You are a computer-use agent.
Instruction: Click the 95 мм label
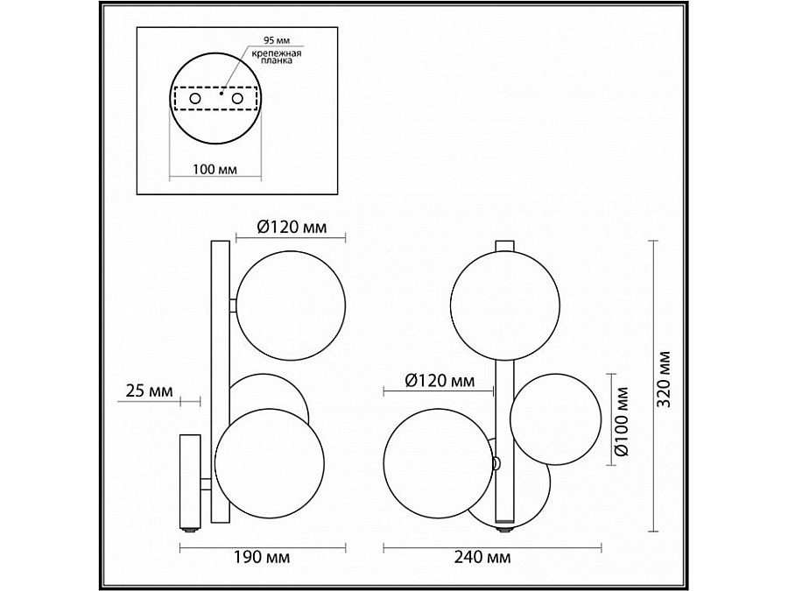(277, 40)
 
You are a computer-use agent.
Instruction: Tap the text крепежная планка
(277, 57)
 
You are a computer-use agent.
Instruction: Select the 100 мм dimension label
(215, 169)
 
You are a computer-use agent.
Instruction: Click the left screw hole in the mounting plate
(194, 98)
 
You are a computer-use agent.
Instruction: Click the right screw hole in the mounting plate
(237, 98)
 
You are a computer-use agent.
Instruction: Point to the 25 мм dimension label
(149, 390)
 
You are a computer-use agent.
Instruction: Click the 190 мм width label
(262, 558)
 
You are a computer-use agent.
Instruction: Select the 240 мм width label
(482, 558)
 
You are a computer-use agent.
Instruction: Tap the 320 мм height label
(665, 380)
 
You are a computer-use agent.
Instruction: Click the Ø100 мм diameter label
(622, 421)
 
